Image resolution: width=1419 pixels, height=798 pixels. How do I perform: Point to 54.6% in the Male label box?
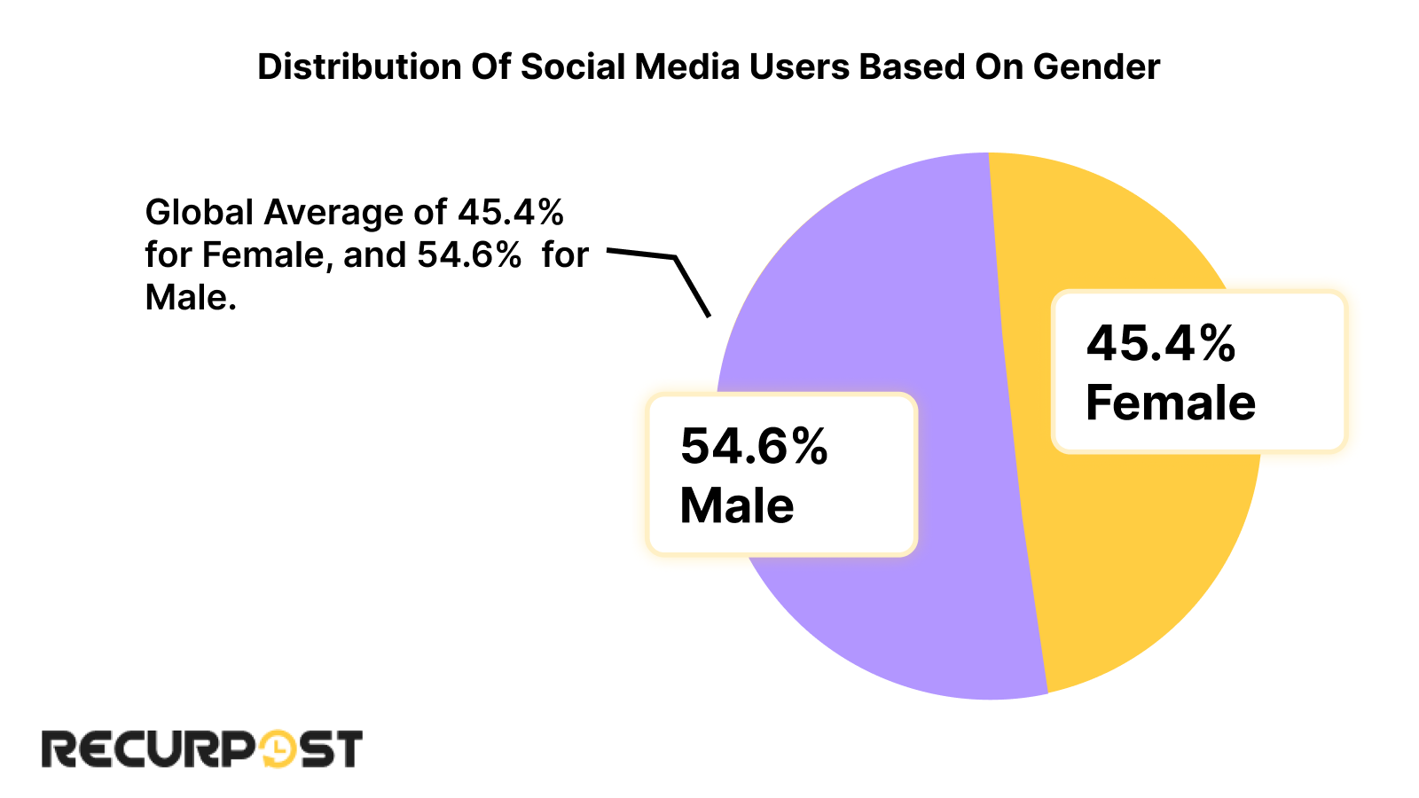click(x=754, y=446)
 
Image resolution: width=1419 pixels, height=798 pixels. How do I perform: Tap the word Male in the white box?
click(x=736, y=506)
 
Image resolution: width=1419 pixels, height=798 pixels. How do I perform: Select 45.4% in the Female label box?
click(x=1160, y=343)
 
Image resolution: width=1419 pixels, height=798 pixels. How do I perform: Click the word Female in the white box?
click(x=1170, y=403)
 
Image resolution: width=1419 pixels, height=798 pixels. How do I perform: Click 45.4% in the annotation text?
click(x=511, y=213)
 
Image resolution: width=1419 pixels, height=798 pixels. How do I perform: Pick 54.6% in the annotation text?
click(x=469, y=255)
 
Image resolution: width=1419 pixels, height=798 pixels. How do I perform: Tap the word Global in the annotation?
click(x=200, y=213)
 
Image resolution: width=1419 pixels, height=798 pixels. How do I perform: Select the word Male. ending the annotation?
click(x=191, y=298)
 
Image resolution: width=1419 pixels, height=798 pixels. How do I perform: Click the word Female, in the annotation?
click(x=267, y=255)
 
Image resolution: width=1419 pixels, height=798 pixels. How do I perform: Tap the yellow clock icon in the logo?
click(x=277, y=749)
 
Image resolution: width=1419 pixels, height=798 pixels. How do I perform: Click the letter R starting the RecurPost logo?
click(x=59, y=749)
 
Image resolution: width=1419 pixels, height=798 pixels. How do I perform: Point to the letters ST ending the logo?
click(x=330, y=749)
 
